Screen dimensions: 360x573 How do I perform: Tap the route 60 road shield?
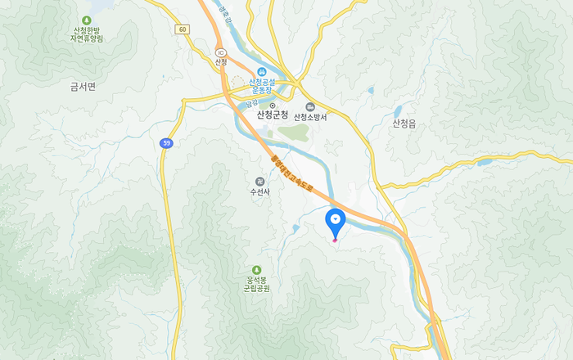[182, 29]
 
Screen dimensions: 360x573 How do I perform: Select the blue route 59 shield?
[167, 143]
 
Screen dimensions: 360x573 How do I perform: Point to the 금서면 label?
[83, 85]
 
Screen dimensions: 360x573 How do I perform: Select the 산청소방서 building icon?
[310, 106]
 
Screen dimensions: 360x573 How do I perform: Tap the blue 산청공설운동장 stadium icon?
[262, 71]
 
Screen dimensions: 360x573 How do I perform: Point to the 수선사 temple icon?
[259, 181]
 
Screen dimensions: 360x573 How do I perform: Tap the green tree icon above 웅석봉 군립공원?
[256, 270]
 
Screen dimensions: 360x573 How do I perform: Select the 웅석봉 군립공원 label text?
[256, 284]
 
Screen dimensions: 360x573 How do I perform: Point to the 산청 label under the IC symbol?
[220, 63]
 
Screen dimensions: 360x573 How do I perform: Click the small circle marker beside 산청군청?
[273, 106]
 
